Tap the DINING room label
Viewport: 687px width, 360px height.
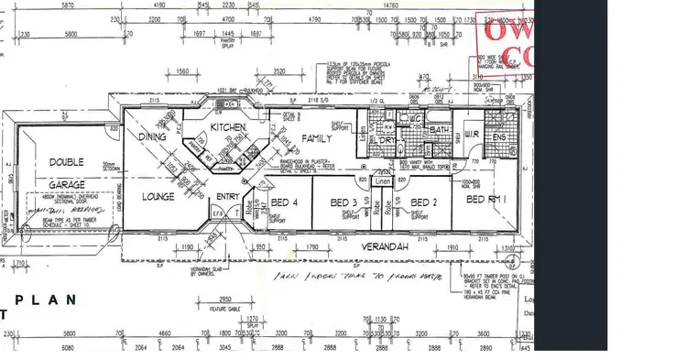click(x=151, y=136)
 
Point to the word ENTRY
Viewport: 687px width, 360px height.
click(x=227, y=197)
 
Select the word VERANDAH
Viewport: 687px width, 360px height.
click(x=382, y=247)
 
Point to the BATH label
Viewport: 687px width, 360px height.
click(x=438, y=131)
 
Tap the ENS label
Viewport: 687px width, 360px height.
click(x=500, y=138)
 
